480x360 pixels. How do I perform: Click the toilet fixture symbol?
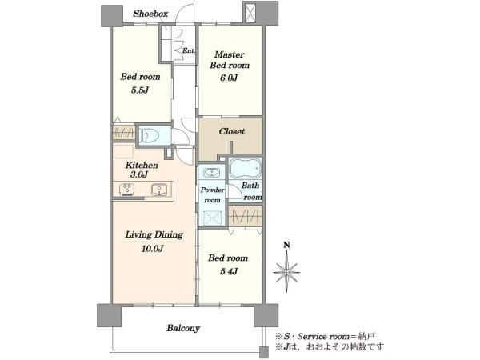[149, 134]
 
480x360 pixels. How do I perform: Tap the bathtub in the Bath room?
[246, 168]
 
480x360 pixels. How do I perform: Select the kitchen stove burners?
[127, 189]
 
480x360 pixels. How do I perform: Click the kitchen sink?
[159, 189]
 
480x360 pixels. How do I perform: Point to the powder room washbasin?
[211, 172]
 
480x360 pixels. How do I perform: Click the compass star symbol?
[286, 271]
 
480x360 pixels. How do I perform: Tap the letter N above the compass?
[286, 245]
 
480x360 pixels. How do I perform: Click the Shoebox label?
[150, 14]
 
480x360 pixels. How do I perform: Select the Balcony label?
[183, 328]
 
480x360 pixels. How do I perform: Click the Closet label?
[232, 132]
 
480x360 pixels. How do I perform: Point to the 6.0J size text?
[229, 78]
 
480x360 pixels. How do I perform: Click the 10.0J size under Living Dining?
[152, 248]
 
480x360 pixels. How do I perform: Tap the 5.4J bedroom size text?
[229, 271]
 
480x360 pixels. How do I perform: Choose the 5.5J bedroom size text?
[140, 90]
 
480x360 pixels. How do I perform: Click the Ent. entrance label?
[188, 51]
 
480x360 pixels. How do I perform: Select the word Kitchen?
[142, 166]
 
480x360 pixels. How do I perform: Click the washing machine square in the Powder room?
[213, 218]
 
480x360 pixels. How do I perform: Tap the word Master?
[230, 54]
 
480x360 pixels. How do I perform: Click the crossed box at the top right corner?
[250, 13]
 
